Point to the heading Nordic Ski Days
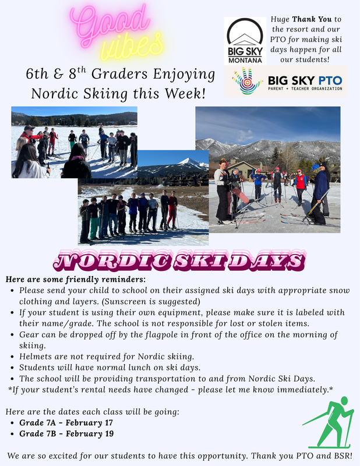pyautogui.click(x=180, y=260)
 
